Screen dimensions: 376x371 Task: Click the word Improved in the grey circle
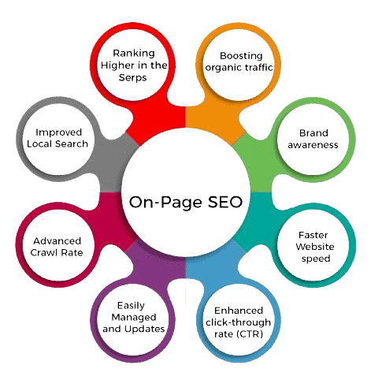point(54,132)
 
